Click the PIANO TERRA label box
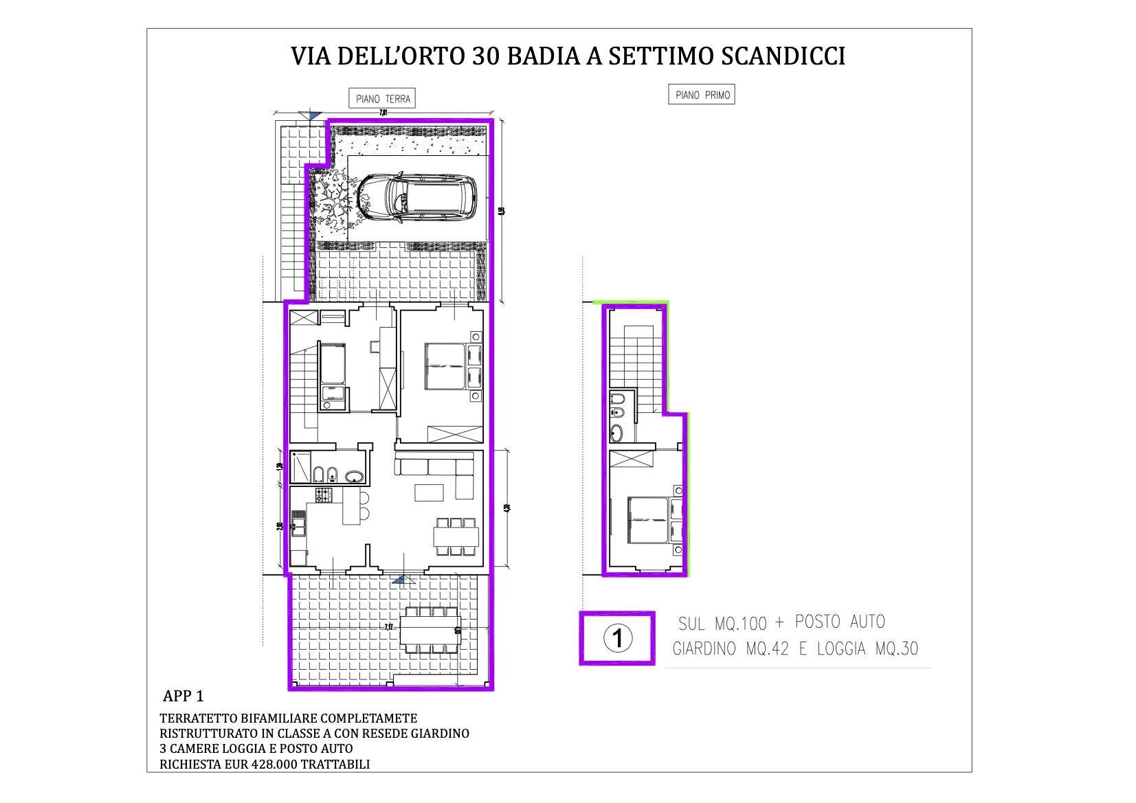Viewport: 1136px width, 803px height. pyautogui.click(x=383, y=98)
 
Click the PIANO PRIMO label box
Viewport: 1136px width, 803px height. pyautogui.click(x=701, y=95)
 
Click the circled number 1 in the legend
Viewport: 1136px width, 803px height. pyautogui.click(x=617, y=639)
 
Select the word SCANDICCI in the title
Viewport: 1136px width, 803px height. pyautogui.click(x=782, y=56)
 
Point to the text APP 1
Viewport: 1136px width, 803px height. pyautogui.click(x=183, y=696)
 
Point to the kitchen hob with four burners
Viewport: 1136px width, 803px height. pyautogui.click(x=323, y=494)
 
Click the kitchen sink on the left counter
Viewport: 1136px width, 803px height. pyautogui.click(x=298, y=527)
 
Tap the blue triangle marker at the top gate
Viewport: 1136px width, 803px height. pyautogui.click(x=313, y=115)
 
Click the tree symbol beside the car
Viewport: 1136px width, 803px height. pyautogui.click(x=334, y=197)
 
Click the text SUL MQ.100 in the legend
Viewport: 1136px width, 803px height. pyautogui.click(x=722, y=624)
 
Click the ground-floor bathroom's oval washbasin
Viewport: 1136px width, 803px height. pyautogui.click(x=355, y=476)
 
